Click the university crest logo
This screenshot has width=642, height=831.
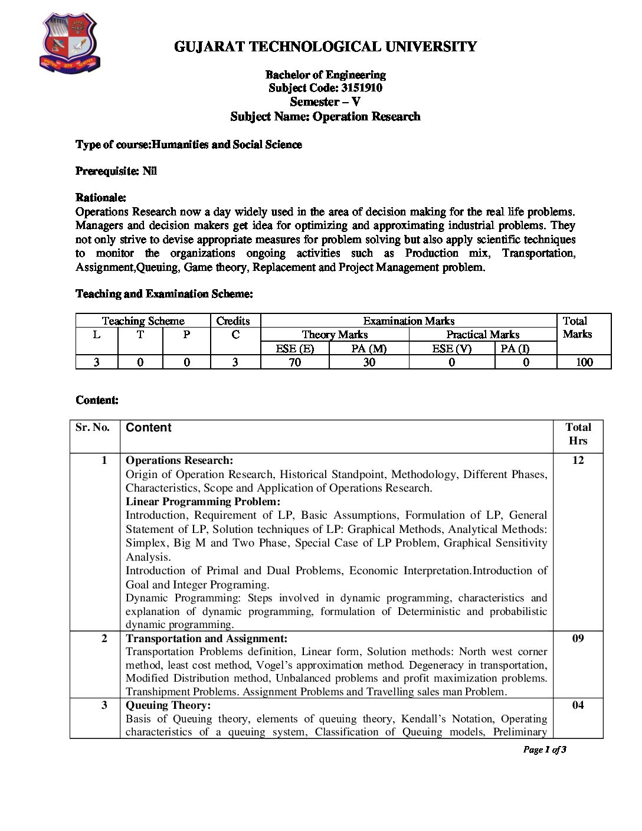pyautogui.click(x=70, y=44)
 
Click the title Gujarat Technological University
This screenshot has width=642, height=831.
pyautogui.click(x=325, y=47)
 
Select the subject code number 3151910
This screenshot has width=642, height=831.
pyautogui.click(x=361, y=88)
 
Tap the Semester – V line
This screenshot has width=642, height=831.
pyautogui.click(x=325, y=102)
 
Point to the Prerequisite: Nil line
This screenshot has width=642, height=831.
pyautogui.click(x=116, y=171)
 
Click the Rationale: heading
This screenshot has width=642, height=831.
pyautogui.click(x=101, y=197)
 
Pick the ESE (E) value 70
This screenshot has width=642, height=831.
pyautogui.click(x=295, y=362)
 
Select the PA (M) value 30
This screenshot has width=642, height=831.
pyautogui.click(x=369, y=362)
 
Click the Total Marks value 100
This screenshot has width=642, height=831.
pyautogui.click(x=584, y=362)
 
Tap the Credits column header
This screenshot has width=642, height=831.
pyautogui.click(x=233, y=321)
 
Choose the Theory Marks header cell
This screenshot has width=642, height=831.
pyautogui.click(x=335, y=335)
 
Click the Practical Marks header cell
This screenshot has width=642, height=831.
pyautogui.click(x=483, y=335)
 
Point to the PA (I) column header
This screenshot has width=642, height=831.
pyautogui.click(x=515, y=348)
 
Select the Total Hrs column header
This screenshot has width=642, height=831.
pyautogui.click(x=578, y=434)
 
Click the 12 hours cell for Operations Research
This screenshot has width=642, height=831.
pyautogui.click(x=578, y=460)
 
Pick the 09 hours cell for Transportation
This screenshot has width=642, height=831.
pyautogui.click(x=578, y=639)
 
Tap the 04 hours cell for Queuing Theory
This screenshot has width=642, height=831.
pyautogui.click(x=578, y=705)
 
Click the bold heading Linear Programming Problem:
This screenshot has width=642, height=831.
pyautogui.click(x=203, y=502)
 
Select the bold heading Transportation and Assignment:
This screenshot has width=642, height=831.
pyautogui.click(x=207, y=639)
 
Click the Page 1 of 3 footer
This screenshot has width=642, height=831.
pyautogui.click(x=545, y=750)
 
